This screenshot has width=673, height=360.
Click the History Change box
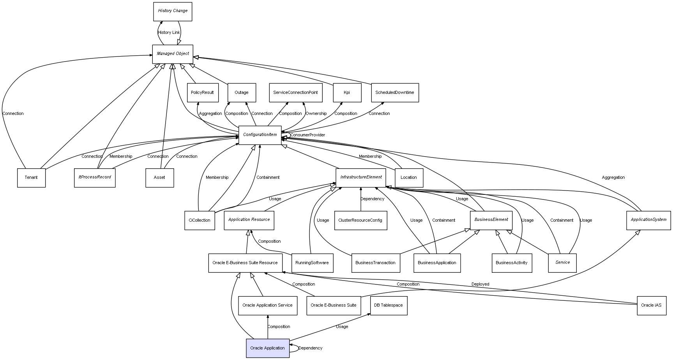pyautogui.click(x=173, y=11)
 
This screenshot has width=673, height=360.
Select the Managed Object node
pyautogui.click(x=173, y=54)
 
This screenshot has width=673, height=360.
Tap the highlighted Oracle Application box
pyautogui.click(x=268, y=348)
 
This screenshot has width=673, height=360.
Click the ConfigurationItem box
pyautogui.click(x=260, y=135)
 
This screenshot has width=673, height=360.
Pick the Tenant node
pyautogui.click(x=31, y=178)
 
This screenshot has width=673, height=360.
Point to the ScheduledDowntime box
pyautogui.click(x=395, y=93)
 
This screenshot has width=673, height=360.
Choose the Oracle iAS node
pyautogui.click(x=651, y=305)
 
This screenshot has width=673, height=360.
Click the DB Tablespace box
pyautogui.click(x=389, y=305)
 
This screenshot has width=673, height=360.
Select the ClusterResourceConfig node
pyautogui.click(x=360, y=221)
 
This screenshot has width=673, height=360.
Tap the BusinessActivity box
pyautogui.click(x=512, y=263)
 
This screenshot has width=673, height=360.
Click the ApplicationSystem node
pyautogui.click(x=648, y=220)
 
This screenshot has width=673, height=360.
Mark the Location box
pyautogui.click(x=409, y=178)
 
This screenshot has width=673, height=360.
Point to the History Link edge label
pyautogui.click(x=169, y=33)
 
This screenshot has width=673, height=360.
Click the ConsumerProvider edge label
pyautogui.click(x=307, y=135)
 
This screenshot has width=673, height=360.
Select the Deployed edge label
pyautogui.click(x=480, y=284)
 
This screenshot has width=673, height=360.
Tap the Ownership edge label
pyautogui.click(x=316, y=114)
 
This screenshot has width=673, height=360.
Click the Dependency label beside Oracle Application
pyautogui.click(x=310, y=348)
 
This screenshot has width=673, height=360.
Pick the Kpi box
pyautogui.click(x=347, y=93)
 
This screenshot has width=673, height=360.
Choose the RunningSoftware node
pyautogui.click(x=312, y=263)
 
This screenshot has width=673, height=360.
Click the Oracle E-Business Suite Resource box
pyautogui.click(x=245, y=263)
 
